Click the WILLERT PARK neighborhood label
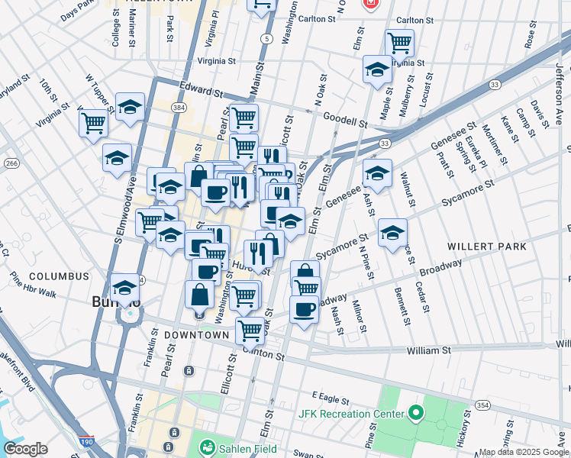point(497,247)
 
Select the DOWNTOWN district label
point(195,335)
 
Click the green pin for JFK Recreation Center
point(415,414)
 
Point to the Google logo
point(25,449)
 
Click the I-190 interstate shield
point(86,441)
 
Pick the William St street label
point(428,350)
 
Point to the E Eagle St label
point(329,398)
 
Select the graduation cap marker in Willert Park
point(392,232)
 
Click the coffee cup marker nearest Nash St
point(305,309)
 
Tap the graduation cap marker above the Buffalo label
point(124,287)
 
